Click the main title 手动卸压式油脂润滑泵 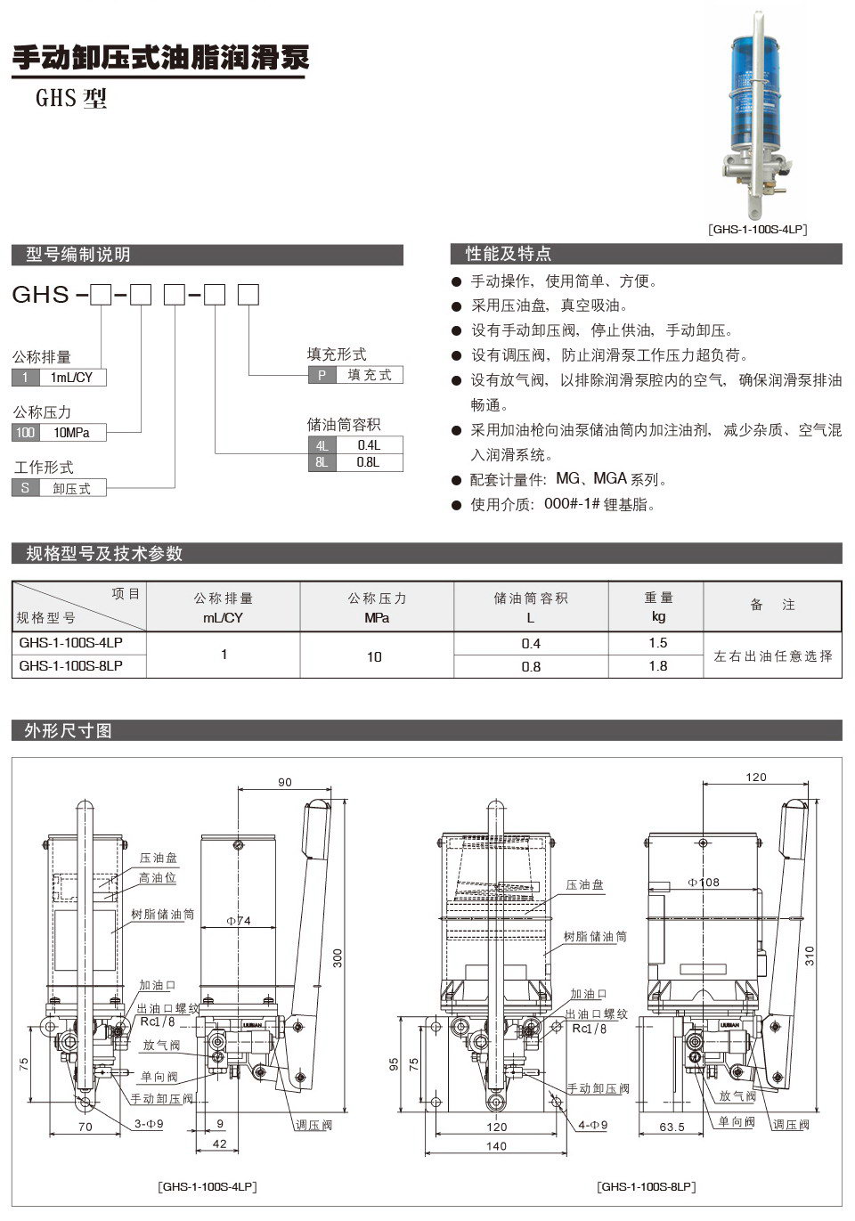click(x=160, y=58)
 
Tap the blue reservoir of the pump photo click(x=757, y=89)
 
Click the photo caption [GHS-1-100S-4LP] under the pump click(x=757, y=229)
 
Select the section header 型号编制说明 click(x=78, y=255)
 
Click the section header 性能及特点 click(x=509, y=255)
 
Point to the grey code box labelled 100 click(x=25, y=433)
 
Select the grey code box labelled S click(x=25, y=488)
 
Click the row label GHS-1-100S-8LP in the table click(x=71, y=665)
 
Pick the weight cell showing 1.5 click(x=657, y=643)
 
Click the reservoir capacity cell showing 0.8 click(x=531, y=666)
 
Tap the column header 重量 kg click(x=658, y=606)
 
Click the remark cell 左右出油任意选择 click(x=772, y=655)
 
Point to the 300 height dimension click(x=337, y=958)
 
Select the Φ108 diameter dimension click(x=704, y=882)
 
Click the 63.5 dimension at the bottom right click(x=672, y=1127)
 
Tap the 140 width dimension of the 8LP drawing click(x=496, y=1145)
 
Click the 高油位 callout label click(x=158, y=878)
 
